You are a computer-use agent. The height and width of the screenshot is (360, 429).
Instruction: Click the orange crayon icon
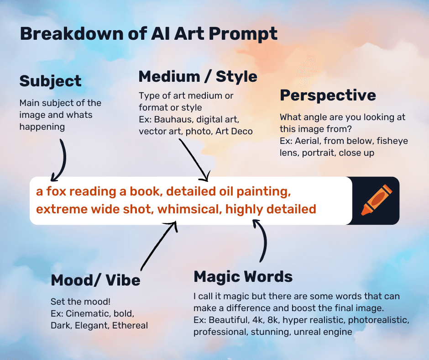click(x=377, y=200)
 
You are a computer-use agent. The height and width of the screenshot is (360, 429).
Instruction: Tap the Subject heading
click(x=50, y=81)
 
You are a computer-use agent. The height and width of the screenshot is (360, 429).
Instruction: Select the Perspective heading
click(x=328, y=95)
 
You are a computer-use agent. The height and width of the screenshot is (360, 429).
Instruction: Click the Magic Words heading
click(x=243, y=276)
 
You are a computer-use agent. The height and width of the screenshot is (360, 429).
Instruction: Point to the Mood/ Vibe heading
click(x=95, y=280)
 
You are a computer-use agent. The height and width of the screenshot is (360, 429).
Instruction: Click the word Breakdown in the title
click(x=72, y=34)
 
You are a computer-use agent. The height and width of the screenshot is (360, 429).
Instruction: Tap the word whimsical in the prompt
click(x=189, y=209)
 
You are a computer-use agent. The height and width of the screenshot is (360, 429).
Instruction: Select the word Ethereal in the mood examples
click(x=130, y=325)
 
